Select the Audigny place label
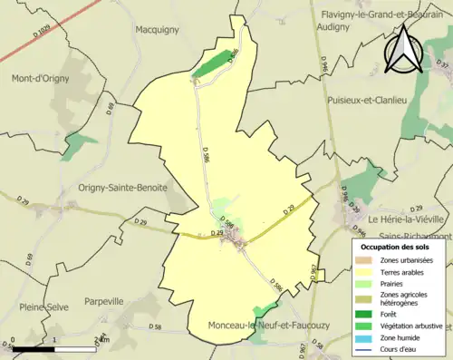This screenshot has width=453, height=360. point(339,27)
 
